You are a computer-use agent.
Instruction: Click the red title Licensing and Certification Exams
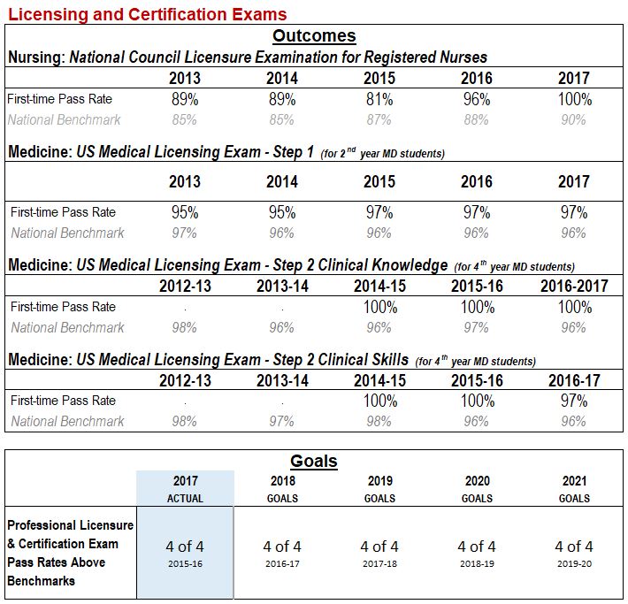(x=147, y=14)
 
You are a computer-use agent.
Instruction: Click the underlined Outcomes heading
(x=314, y=36)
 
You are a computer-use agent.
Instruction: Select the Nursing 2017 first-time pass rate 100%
(x=574, y=100)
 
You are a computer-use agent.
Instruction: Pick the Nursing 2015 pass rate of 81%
(x=379, y=100)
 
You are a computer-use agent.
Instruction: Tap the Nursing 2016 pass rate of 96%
(x=477, y=100)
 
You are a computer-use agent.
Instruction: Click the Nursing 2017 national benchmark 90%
(x=574, y=119)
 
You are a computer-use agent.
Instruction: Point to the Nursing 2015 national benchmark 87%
(x=379, y=119)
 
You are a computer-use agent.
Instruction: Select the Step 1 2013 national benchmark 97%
(x=185, y=233)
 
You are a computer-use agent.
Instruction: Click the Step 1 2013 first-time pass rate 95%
(x=185, y=212)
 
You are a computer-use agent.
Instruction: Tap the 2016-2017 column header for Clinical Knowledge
(x=574, y=287)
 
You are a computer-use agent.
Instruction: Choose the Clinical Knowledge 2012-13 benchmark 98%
(x=185, y=328)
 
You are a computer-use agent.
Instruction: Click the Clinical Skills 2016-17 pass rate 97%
(x=574, y=401)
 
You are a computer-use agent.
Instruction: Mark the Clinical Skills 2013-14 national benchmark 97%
(x=282, y=422)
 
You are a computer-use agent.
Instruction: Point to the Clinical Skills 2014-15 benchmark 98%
(x=379, y=422)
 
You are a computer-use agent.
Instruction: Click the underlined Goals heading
(x=314, y=462)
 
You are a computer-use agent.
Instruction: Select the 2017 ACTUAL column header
(x=185, y=490)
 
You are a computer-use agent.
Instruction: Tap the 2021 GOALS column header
(x=574, y=490)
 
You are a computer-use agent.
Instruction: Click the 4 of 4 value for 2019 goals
(x=379, y=547)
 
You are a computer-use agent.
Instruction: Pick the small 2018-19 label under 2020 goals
(x=477, y=563)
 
